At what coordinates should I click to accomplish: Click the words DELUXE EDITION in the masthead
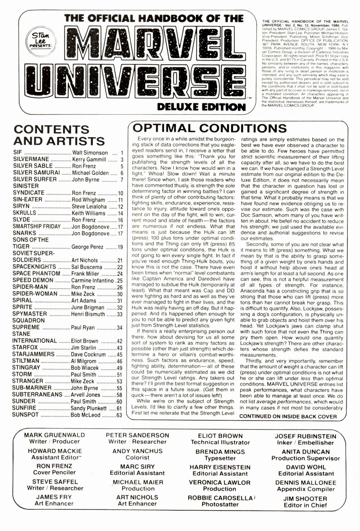(x=201, y=107)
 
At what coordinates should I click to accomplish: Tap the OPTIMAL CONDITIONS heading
(x=210, y=128)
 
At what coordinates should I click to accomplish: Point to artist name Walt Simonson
(x=90, y=153)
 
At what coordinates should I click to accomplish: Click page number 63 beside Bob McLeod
(x=119, y=415)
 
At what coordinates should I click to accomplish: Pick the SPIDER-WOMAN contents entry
(x=35, y=294)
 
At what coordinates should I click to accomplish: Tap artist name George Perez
(x=87, y=247)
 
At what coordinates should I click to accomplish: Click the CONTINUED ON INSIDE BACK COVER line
(x=288, y=416)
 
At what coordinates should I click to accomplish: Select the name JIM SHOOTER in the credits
(x=305, y=499)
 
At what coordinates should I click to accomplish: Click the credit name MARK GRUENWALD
(x=54, y=435)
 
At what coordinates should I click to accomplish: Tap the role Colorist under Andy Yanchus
(x=137, y=458)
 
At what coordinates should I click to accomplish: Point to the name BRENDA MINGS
(x=220, y=452)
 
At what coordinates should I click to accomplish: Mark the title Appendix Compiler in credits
(x=306, y=489)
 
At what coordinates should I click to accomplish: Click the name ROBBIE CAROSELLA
(x=220, y=498)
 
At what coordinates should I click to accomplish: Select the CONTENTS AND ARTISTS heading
(x=59, y=135)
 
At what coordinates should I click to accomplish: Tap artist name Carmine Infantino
(x=93, y=280)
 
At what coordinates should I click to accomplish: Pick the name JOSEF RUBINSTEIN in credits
(x=305, y=436)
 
